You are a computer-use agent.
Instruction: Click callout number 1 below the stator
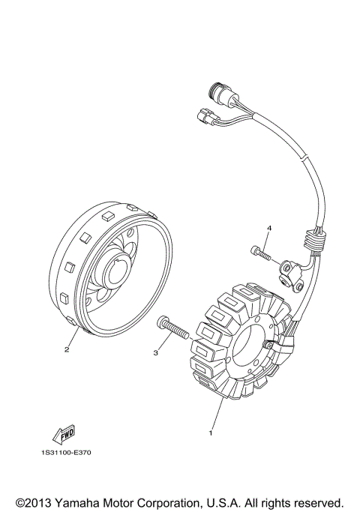[211, 432]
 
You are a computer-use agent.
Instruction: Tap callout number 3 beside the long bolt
[157, 351]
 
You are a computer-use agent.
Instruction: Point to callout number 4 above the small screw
[267, 228]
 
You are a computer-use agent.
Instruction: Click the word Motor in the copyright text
[136, 502]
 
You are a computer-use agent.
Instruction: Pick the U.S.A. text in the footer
[239, 502]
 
